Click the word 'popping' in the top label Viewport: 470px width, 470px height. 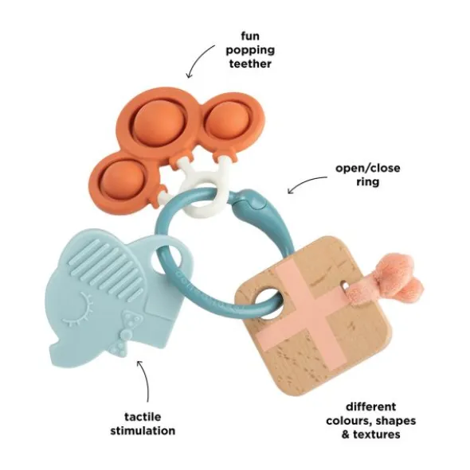(x=250, y=50)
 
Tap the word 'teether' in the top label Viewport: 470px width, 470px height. (x=250, y=64)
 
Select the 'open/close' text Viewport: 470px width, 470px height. (x=368, y=168)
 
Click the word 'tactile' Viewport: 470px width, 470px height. (x=143, y=417)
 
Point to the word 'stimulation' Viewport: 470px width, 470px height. (x=143, y=430)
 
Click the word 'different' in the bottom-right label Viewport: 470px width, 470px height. (x=371, y=406)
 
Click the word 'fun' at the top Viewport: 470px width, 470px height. (x=250, y=36)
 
